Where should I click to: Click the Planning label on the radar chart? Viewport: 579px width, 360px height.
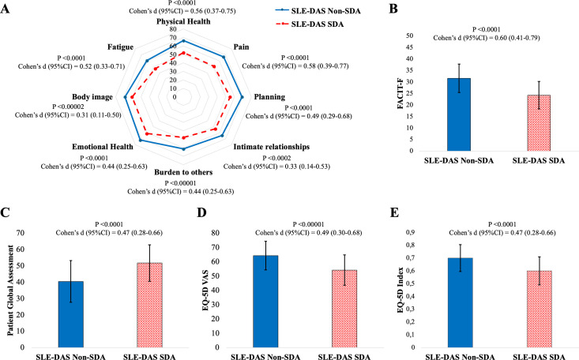[269, 96]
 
